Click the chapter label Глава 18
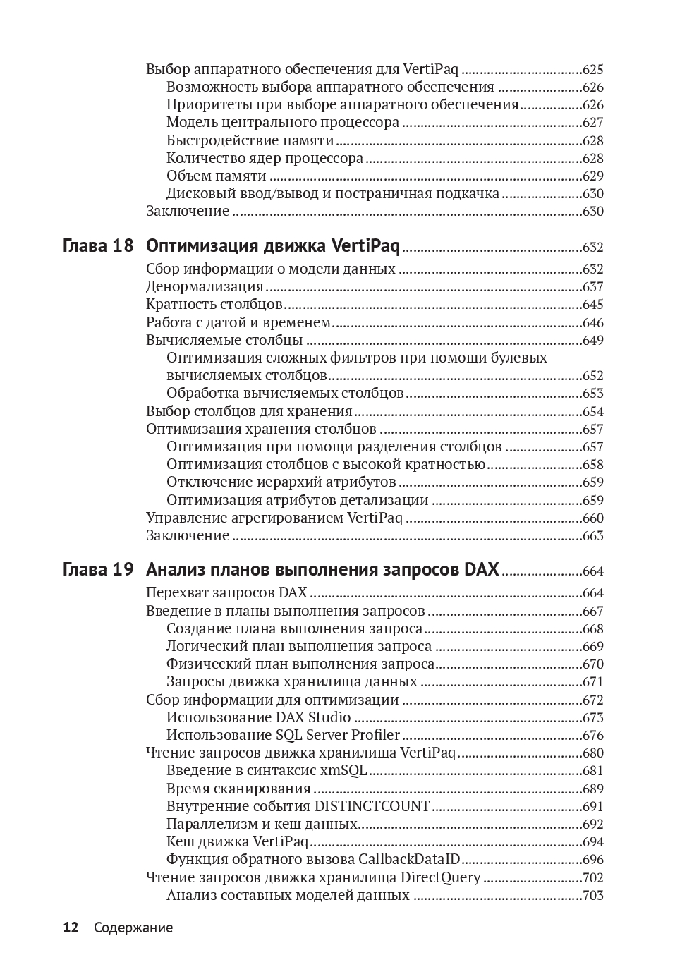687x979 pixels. pos(97,246)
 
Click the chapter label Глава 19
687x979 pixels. pos(97,570)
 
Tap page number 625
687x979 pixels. pos(592,70)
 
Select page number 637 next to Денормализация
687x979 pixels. pos(592,287)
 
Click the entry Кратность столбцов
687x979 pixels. pos(214,305)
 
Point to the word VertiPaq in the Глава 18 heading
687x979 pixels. pos(365,246)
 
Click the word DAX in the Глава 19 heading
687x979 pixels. pos(482,570)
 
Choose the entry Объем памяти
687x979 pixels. pos(217,176)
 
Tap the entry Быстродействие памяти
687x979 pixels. pos(250,140)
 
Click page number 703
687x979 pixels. pos(592,896)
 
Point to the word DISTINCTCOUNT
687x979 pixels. pos(372,806)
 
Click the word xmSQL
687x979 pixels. pos(343,771)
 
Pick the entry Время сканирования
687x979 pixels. pos(238,789)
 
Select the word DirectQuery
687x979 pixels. pos(440,878)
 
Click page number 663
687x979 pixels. pos(592,536)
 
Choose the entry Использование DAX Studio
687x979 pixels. pos(258,718)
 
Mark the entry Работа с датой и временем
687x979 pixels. pos(238,323)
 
